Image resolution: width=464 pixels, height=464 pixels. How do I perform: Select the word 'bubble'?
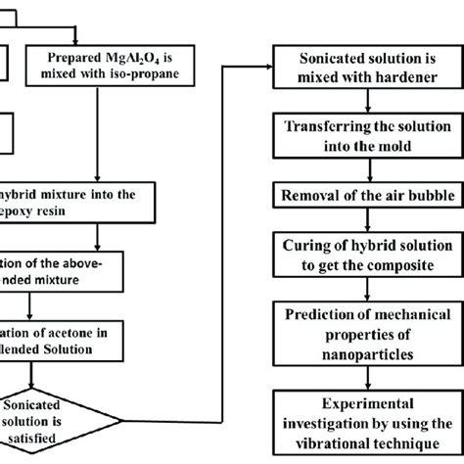tap(411, 194)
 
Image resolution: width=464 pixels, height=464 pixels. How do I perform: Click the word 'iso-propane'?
tap(157, 72)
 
